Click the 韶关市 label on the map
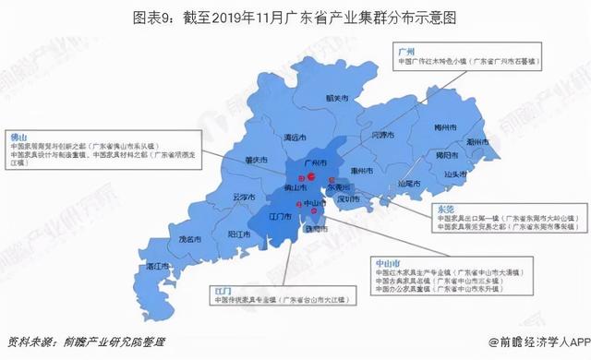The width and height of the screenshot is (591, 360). (x=326, y=98)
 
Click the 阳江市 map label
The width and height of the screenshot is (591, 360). (x=239, y=234)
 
